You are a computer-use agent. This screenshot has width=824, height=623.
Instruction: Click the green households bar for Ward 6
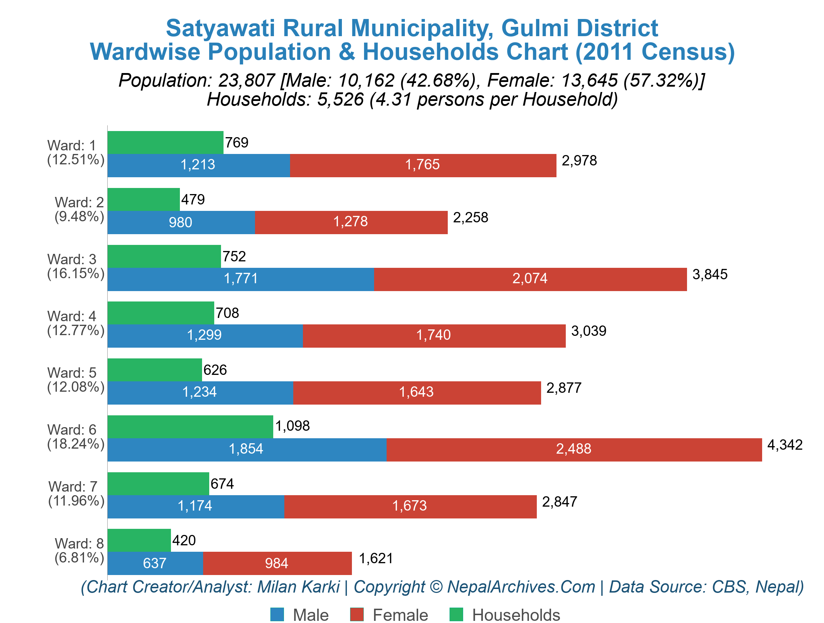190,426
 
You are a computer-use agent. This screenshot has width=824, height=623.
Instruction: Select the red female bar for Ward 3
530,279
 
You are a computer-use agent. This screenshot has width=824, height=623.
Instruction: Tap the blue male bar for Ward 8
155,563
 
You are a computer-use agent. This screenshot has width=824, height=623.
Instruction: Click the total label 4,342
785,445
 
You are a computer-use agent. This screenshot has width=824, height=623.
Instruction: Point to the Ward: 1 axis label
72,145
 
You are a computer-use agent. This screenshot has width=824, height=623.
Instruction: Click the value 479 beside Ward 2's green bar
193,199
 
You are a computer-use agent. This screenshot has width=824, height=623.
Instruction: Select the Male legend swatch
277,614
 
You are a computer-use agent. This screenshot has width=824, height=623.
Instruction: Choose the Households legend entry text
516,615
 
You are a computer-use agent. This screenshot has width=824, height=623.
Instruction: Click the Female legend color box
357,614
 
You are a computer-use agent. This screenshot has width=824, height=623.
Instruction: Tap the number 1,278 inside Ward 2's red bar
350,222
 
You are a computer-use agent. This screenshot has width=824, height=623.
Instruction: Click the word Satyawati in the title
220,28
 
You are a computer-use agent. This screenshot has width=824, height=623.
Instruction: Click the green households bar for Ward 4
161,313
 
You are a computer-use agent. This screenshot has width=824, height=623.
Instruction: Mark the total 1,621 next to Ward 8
376,559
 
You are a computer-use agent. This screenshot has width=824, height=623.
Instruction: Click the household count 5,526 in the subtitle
340,100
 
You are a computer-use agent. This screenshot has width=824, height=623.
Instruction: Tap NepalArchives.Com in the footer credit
521,587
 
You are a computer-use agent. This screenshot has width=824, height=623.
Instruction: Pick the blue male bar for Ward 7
196,506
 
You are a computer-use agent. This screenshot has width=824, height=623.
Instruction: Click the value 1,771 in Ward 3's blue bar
241,279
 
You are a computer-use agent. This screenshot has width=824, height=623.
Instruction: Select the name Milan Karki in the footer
298,587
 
